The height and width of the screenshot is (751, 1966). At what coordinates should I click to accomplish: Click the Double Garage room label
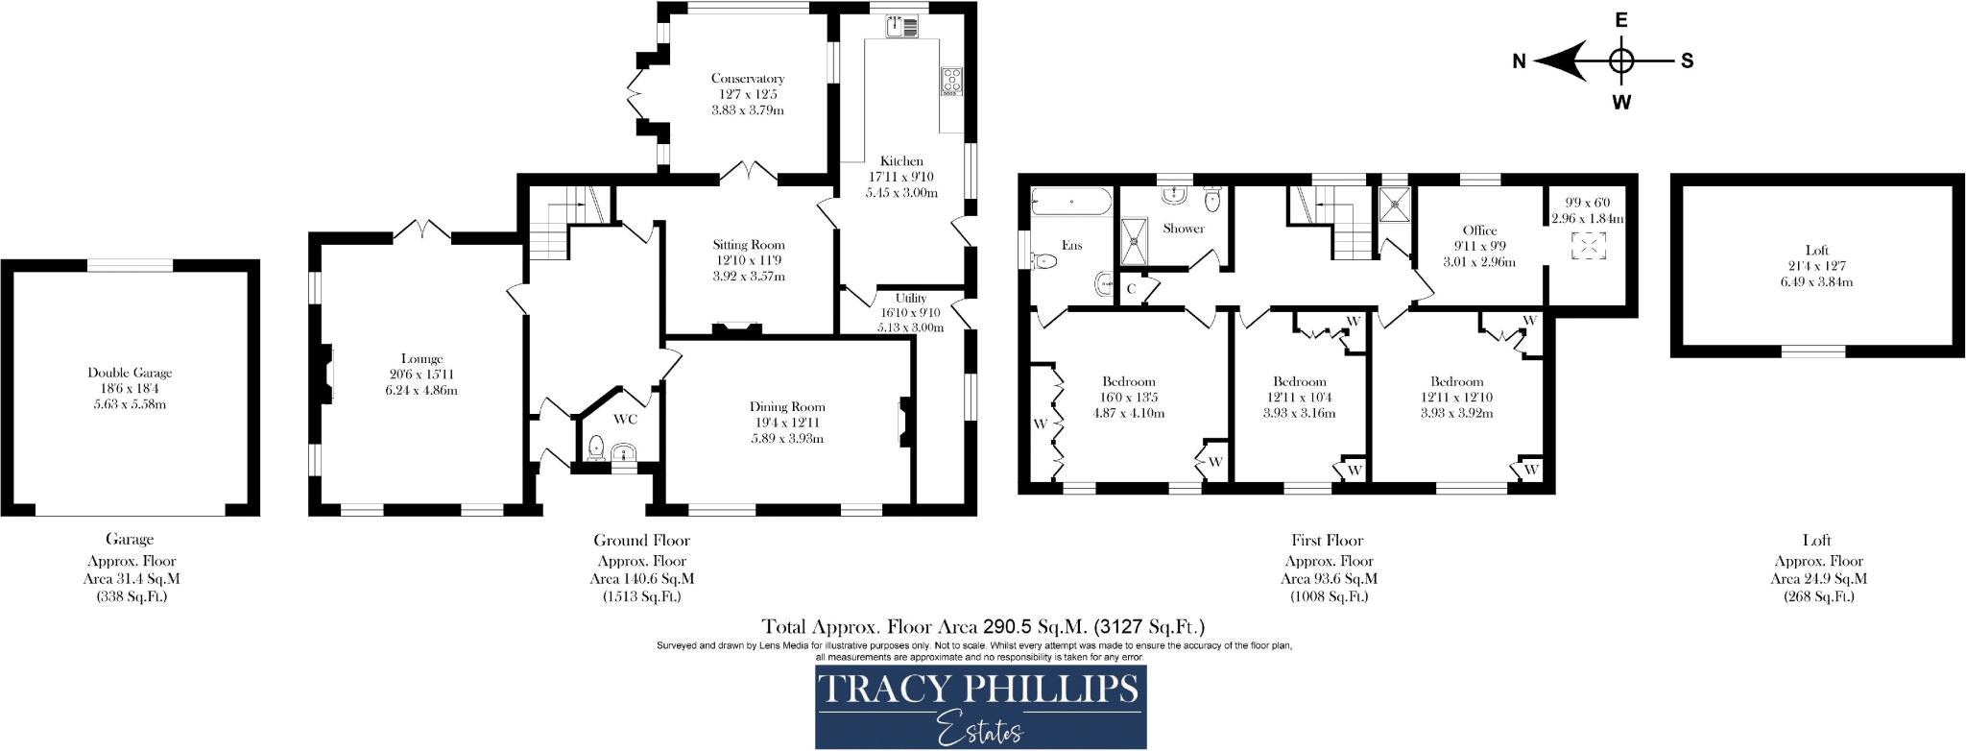pos(130,373)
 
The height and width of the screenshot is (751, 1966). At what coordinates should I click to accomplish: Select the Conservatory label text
pos(748,79)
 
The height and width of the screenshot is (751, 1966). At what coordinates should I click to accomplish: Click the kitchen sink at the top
pos(901,28)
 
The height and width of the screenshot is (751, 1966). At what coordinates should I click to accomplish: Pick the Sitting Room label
pos(749,245)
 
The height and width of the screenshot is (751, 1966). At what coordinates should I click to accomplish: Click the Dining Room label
pos(787,407)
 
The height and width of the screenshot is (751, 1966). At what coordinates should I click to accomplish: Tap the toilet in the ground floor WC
pos(595,447)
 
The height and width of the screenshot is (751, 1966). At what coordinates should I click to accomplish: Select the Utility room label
pos(911,299)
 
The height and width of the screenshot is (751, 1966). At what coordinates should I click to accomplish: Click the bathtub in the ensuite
pos(1071,202)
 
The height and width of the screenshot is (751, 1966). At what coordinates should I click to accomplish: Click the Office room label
pos(1479,230)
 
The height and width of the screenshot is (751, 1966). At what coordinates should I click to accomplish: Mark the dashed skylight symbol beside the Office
pos(1587,246)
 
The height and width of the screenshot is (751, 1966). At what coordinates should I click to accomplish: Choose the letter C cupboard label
pos(1131,288)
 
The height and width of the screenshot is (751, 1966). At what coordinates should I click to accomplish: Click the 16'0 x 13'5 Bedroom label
pos(1129,381)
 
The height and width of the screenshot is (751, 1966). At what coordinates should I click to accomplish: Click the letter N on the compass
pos(1519,61)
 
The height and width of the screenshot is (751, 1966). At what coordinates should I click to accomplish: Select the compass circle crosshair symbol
pos(1621,61)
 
